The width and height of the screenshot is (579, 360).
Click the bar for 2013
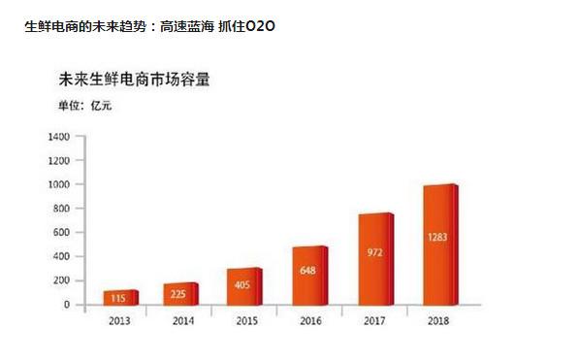[x=121, y=298]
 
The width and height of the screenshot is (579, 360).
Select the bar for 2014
[x=181, y=294]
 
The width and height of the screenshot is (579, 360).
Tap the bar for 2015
[x=244, y=286]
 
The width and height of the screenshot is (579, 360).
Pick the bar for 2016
[x=310, y=276]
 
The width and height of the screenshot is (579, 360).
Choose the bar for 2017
[x=376, y=259]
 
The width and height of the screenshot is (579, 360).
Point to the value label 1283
[x=437, y=237]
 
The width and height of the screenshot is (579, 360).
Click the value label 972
[x=374, y=252]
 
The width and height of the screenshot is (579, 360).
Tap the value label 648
[x=307, y=270]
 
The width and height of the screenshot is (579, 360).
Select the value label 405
[x=242, y=284]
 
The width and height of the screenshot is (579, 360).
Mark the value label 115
[x=118, y=298]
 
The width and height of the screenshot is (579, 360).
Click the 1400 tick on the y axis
[x=59, y=137]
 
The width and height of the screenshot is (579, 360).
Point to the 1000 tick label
[x=59, y=184]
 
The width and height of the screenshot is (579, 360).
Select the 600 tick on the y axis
[x=61, y=233]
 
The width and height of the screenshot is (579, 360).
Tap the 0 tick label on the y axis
[x=67, y=305]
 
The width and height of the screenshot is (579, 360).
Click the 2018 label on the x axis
[x=438, y=321]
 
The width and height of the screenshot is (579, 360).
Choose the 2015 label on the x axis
[x=247, y=321]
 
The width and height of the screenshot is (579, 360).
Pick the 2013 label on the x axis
[x=119, y=321]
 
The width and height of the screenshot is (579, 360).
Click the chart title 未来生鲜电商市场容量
[x=135, y=80]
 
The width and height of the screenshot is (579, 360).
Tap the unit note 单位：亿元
[x=85, y=106]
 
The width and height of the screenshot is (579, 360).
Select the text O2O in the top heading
[x=260, y=26]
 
